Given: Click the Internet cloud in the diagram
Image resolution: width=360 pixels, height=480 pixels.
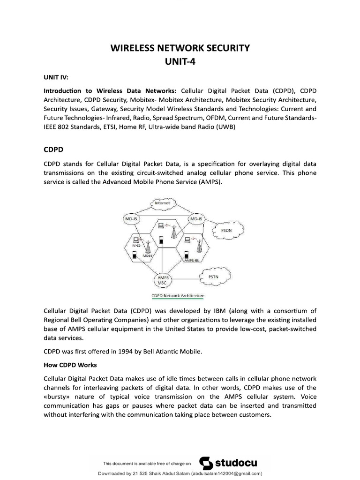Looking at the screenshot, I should pos(163,204).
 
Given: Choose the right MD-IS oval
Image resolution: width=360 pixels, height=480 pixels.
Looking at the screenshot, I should pos(196,219).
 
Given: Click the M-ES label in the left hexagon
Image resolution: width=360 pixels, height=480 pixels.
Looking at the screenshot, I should pos(135,245).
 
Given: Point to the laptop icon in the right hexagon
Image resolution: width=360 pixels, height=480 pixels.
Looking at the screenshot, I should pos(187,240).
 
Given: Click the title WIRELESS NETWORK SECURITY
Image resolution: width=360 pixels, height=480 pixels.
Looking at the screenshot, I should pos(180,48).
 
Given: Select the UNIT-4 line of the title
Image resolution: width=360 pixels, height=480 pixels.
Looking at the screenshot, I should pos(180,60).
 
